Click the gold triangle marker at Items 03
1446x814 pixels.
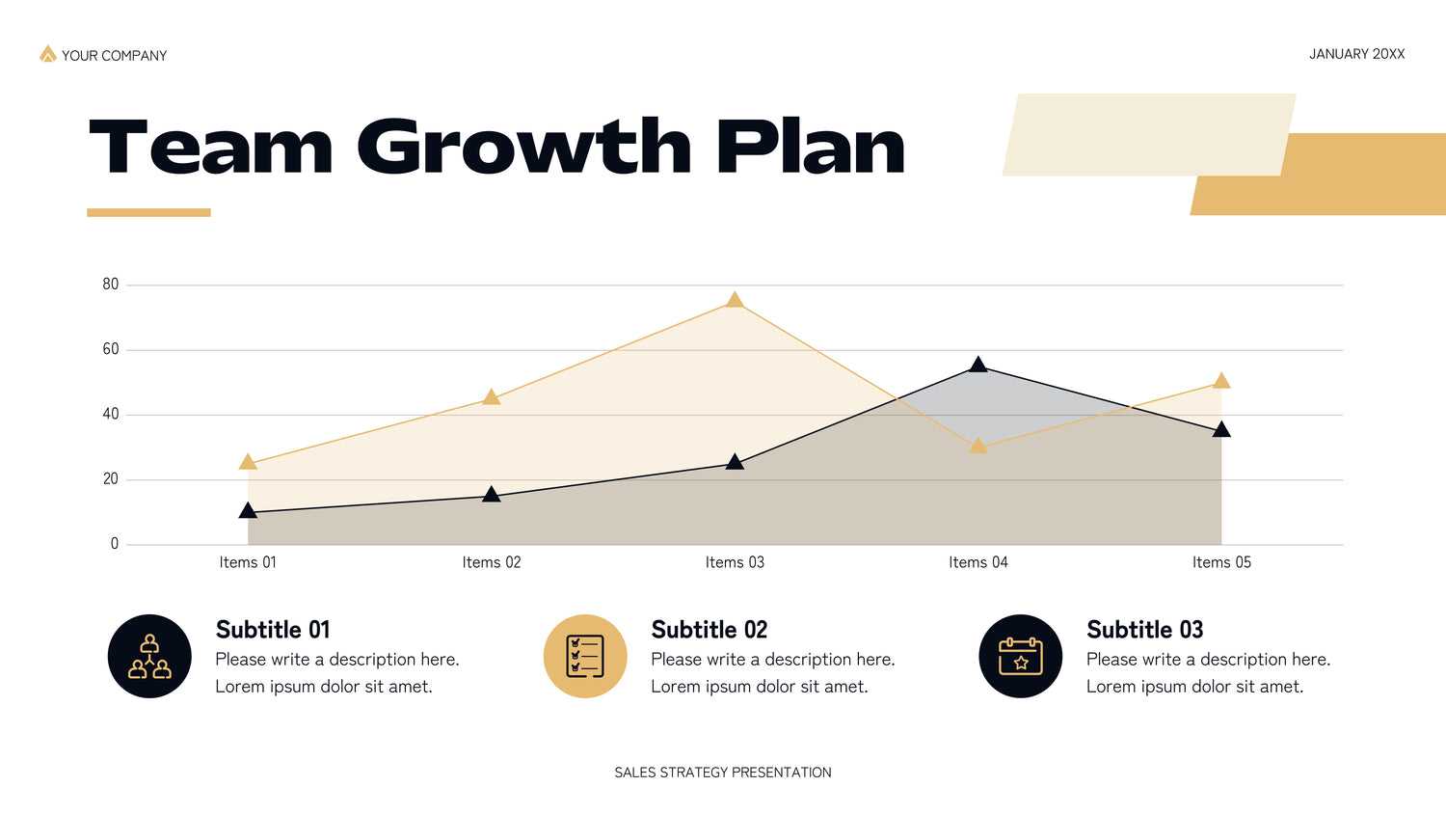[x=735, y=300]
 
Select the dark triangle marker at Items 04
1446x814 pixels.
[x=978, y=365]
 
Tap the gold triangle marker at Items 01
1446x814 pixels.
[x=248, y=461]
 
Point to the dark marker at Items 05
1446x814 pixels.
[x=1221, y=429]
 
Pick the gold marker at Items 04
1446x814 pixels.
[x=978, y=446]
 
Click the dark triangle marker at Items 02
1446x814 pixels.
[x=492, y=494]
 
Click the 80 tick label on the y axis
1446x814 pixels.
[x=111, y=285]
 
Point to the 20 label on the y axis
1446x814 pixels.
[x=111, y=479]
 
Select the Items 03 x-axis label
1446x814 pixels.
[x=735, y=562]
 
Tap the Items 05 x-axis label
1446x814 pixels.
[x=1221, y=562]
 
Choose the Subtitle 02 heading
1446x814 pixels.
[x=709, y=630]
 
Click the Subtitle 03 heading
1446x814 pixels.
[x=1144, y=630]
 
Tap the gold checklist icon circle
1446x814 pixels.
[x=585, y=657]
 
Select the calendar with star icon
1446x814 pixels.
[x=1020, y=657]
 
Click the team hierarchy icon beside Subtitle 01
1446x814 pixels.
[x=149, y=657]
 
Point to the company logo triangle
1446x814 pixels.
[x=48, y=54]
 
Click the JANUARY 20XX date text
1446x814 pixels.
[x=1356, y=54]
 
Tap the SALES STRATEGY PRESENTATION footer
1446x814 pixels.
[x=723, y=773]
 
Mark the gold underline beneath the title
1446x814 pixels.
[x=148, y=212]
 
